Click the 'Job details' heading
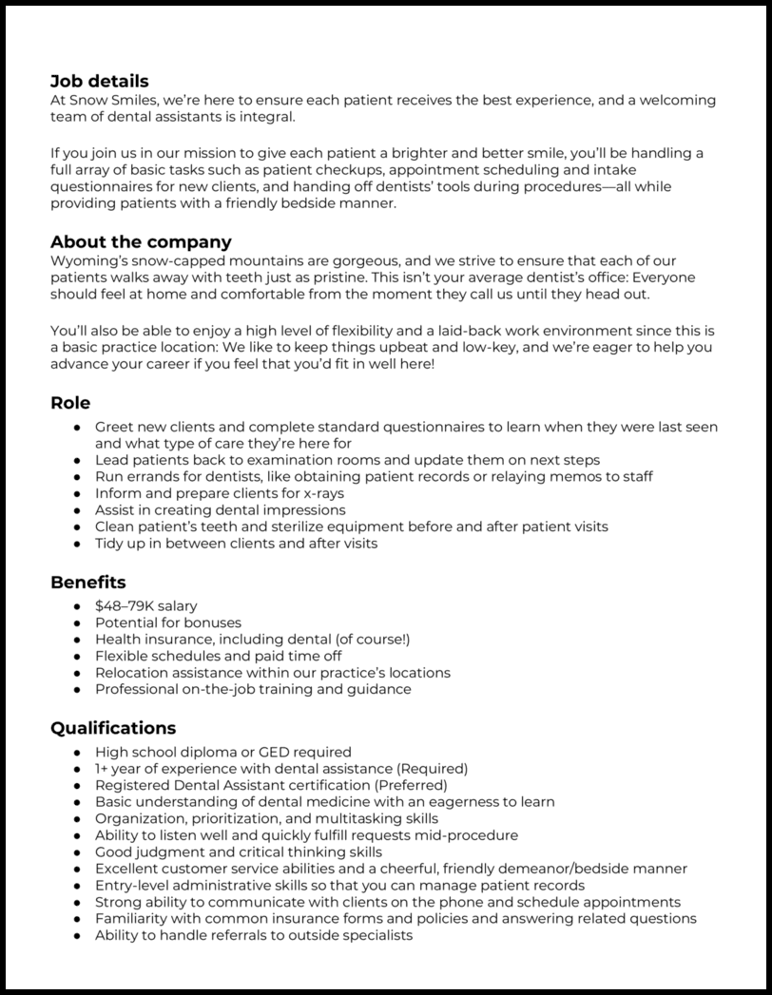click(99, 82)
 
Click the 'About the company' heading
click(141, 242)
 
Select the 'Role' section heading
click(70, 403)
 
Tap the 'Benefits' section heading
click(87, 582)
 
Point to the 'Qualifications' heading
click(112, 729)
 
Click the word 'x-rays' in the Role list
click(323, 493)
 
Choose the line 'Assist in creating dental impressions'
click(221, 510)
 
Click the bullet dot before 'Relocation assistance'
click(77, 673)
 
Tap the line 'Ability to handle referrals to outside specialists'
click(254, 936)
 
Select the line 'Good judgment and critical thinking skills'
click(239, 852)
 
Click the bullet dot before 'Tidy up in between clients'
click(77, 544)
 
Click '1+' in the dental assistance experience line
click(101, 768)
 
